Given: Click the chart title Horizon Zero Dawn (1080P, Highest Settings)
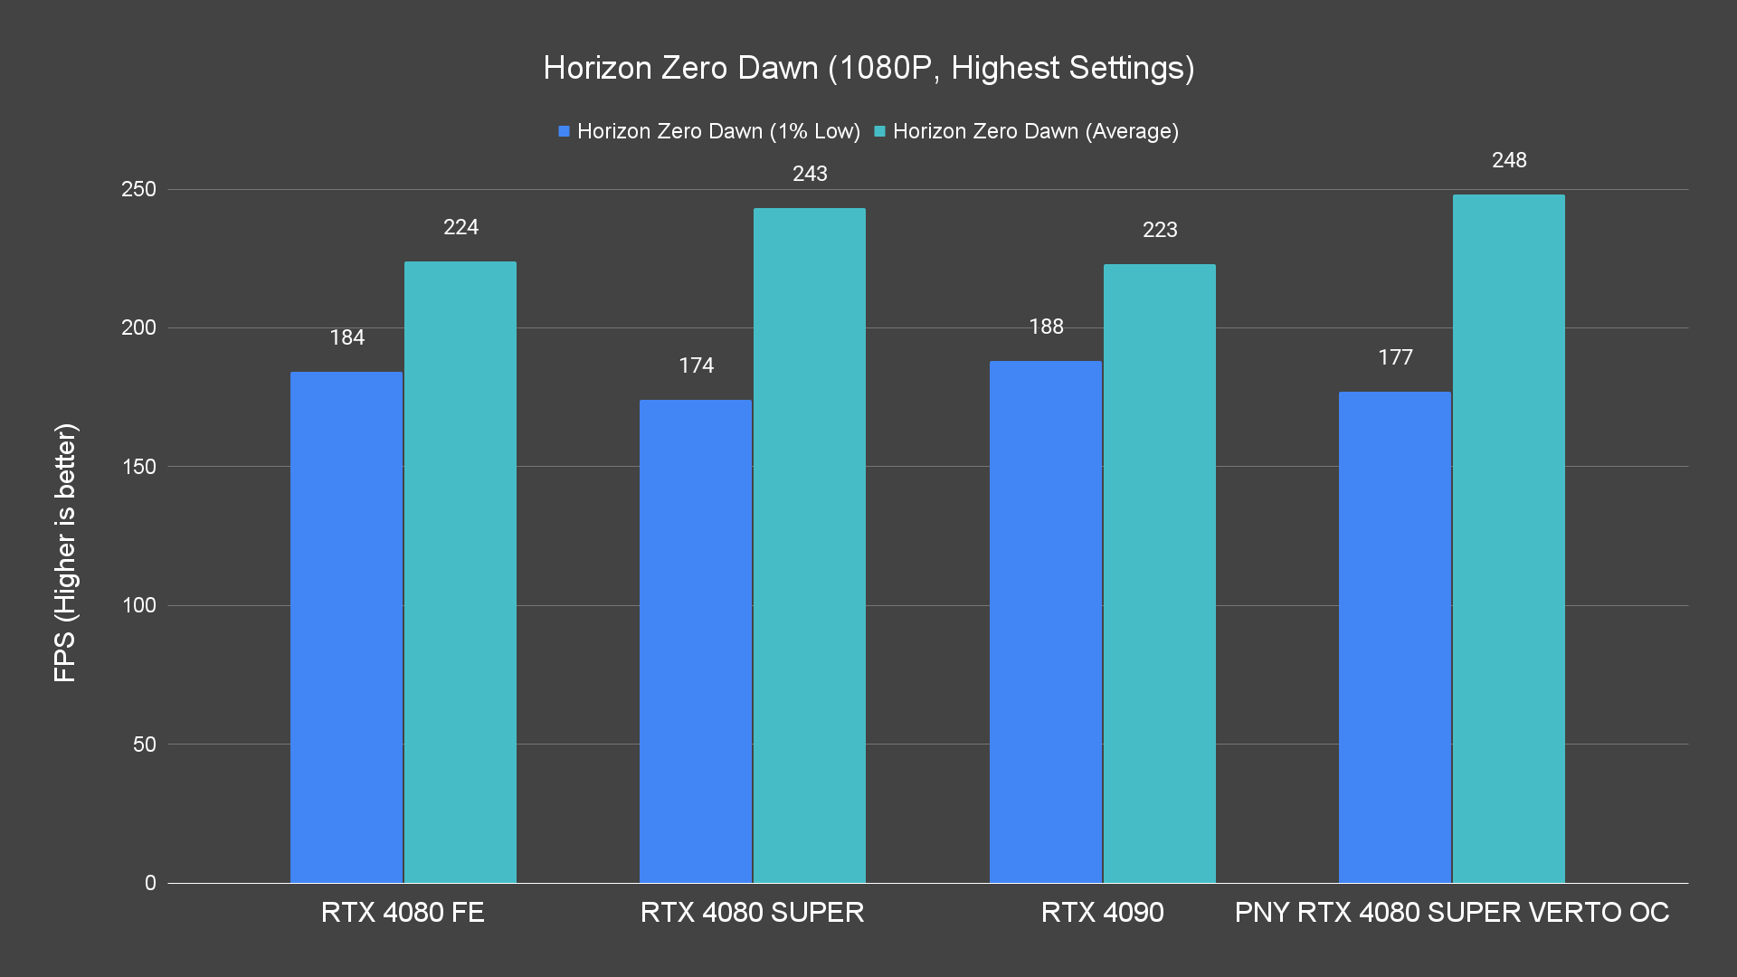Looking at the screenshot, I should click(x=868, y=68).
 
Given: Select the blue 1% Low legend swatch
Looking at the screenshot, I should click(x=564, y=131).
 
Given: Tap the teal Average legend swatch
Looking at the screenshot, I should click(x=879, y=131).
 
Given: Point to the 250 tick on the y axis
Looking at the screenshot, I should click(x=138, y=189).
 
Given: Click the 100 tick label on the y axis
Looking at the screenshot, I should click(x=138, y=605).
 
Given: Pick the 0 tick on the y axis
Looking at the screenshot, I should click(x=150, y=883).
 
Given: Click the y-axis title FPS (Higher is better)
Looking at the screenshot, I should click(x=65, y=552).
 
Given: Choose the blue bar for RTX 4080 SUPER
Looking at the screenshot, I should click(x=695, y=641).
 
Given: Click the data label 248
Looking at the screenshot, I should click(x=1509, y=160).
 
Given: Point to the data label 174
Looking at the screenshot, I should click(x=696, y=365).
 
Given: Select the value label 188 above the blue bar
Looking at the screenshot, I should click(x=1046, y=327).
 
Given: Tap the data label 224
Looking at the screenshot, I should click(x=460, y=227).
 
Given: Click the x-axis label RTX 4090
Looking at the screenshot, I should click(x=1102, y=912).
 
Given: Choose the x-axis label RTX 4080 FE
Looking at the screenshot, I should click(x=403, y=912).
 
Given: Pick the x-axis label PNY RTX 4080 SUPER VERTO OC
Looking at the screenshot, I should click(x=1451, y=912).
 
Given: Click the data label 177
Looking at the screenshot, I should click(x=1395, y=357).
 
